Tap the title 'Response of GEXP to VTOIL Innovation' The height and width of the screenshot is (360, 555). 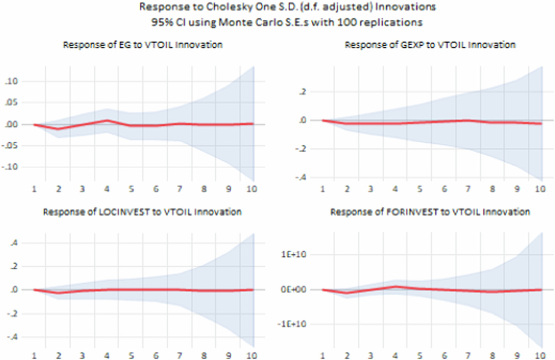(x=430, y=45)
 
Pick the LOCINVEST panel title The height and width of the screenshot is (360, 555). (x=142, y=212)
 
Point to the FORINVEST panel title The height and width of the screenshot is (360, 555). (x=430, y=212)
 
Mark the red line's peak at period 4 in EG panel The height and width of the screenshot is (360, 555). (x=107, y=120)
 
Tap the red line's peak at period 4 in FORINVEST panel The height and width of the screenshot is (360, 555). (x=395, y=287)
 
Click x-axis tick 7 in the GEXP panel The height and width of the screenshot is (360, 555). (x=468, y=189)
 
